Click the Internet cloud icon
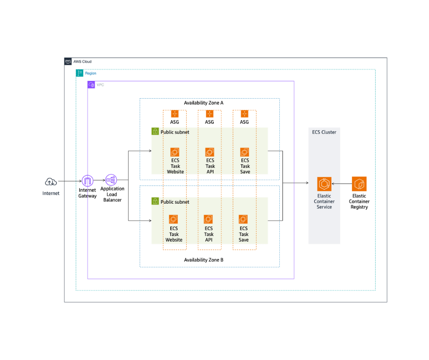pyautogui.click(x=51, y=182)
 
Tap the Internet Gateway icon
pyautogui.click(x=87, y=180)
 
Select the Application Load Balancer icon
pyautogui.click(x=112, y=180)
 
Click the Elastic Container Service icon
pyautogui.click(x=324, y=184)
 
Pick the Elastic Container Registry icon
pyautogui.click(x=359, y=184)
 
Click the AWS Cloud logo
pyautogui.click(x=68, y=61)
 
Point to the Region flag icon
pyautogui.click(x=79, y=73)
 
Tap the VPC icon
pyautogui.click(x=91, y=85)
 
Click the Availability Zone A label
pyautogui.click(x=204, y=103)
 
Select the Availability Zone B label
pyautogui.click(x=204, y=260)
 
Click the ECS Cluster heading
pyautogui.click(x=324, y=132)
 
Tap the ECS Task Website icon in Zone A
pyautogui.click(x=175, y=152)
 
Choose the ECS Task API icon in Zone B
pyautogui.click(x=209, y=220)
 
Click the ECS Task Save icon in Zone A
pyautogui.click(x=245, y=152)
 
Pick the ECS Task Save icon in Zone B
pyautogui.click(x=244, y=220)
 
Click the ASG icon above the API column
pyautogui.click(x=209, y=114)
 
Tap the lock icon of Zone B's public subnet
pyautogui.click(x=155, y=201)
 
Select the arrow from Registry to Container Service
pyautogui.click(x=341, y=184)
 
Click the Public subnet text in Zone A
pyautogui.click(x=175, y=132)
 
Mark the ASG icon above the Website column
pyautogui.click(x=175, y=114)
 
